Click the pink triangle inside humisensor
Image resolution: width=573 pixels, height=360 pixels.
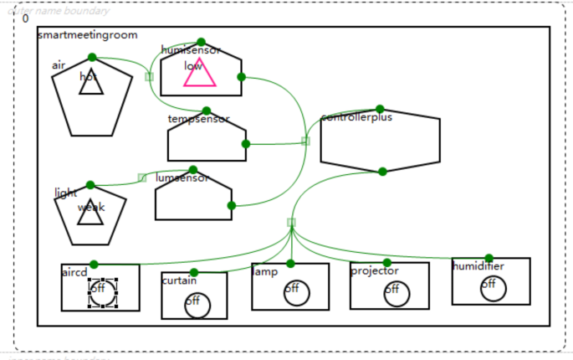pyautogui.click(x=200, y=75)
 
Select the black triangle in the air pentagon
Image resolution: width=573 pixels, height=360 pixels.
pyautogui.click(x=91, y=84)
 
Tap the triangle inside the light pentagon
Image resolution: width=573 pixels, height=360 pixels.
pyautogui.click(x=90, y=214)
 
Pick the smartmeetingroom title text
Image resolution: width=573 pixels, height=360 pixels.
pyautogui.click(x=87, y=35)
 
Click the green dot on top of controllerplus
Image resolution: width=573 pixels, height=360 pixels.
pyautogui.click(x=380, y=109)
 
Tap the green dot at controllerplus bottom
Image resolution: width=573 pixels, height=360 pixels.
pyautogui.click(x=382, y=172)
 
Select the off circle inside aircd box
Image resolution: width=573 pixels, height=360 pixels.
pyautogui.click(x=101, y=291)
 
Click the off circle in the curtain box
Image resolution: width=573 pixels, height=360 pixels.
pyautogui.click(x=197, y=305)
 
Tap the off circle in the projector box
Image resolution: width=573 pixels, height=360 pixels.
pyautogui.click(x=397, y=293)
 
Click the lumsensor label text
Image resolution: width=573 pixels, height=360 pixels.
pyautogui.click(x=182, y=178)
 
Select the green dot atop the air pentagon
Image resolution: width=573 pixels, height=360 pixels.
pyautogui.click(x=92, y=57)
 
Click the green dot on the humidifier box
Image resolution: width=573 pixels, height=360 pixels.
pyautogui.click(x=489, y=258)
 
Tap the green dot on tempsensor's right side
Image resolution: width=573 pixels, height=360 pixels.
pyautogui.click(x=245, y=144)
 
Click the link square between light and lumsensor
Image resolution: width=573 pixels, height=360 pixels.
pyautogui.click(x=142, y=177)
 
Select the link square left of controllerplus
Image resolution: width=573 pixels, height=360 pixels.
pyautogui.click(x=305, y=141)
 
